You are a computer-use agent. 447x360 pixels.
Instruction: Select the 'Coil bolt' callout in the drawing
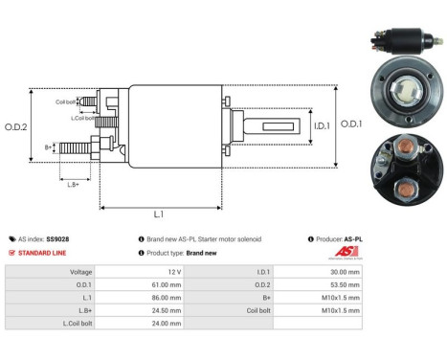click(x=65, y=101)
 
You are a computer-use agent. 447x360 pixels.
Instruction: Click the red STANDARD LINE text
click(x=43, y=253)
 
